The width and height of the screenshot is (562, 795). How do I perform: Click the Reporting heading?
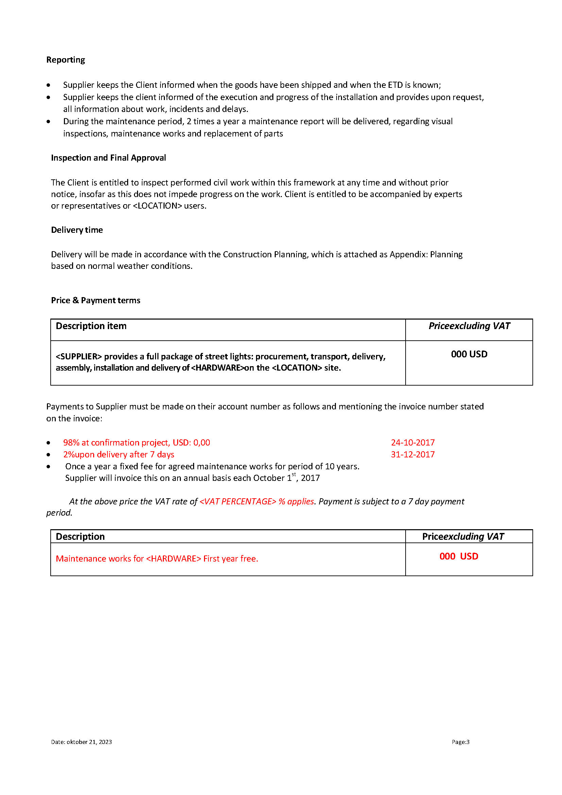click(65, 60)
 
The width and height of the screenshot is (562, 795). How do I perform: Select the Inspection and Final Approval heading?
click(108, 158)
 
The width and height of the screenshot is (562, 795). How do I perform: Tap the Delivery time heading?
click(77, 230)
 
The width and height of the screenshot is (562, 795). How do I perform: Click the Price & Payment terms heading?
click(96, 300)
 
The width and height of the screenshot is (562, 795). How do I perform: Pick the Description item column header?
click(91, 326)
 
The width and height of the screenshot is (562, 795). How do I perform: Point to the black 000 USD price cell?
click(469, 354)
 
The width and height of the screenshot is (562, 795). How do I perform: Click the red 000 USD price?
click(459, 556)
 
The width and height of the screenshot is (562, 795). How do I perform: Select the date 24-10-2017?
click(412, 442)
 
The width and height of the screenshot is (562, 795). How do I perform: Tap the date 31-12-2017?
click(412, 454)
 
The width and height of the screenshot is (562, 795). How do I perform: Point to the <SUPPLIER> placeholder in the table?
click(79, 356)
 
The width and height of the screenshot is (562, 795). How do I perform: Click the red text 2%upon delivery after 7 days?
click(119, 454)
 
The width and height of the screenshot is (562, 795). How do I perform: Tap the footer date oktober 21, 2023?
click(89, 742)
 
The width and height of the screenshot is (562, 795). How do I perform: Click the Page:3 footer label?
click(460, 742)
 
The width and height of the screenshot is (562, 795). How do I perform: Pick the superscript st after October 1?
click(294, 474)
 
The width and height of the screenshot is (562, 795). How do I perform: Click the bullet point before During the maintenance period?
click(48, 121)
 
